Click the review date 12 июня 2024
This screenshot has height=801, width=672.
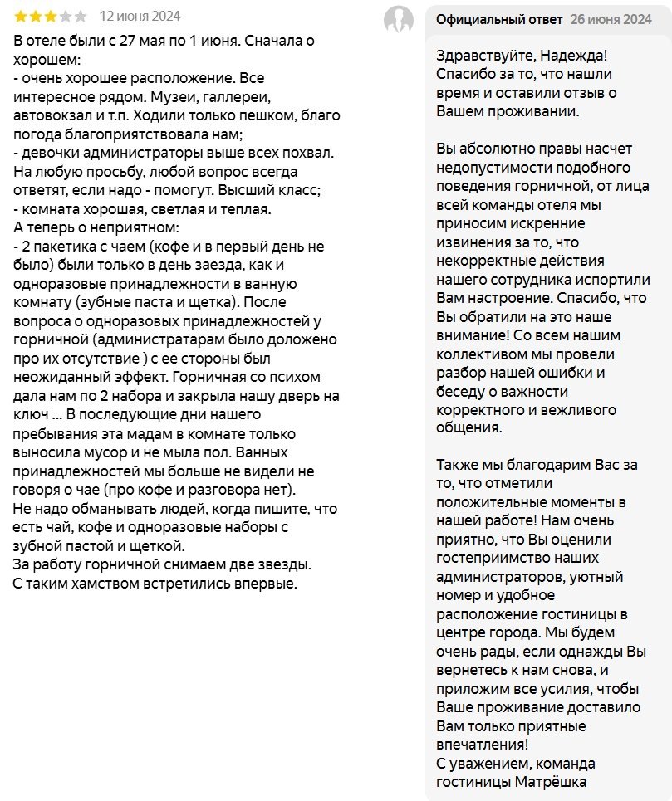pos(139,17)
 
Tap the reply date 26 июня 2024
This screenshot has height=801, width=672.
pos(611,19)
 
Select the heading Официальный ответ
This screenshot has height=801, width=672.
pos(499,19)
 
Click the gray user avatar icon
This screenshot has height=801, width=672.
pos(399,19)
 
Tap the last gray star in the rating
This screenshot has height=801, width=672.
pos(80,17)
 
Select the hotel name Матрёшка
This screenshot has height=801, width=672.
pos(552,781)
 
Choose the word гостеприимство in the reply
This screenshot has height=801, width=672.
pos(490,559)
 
